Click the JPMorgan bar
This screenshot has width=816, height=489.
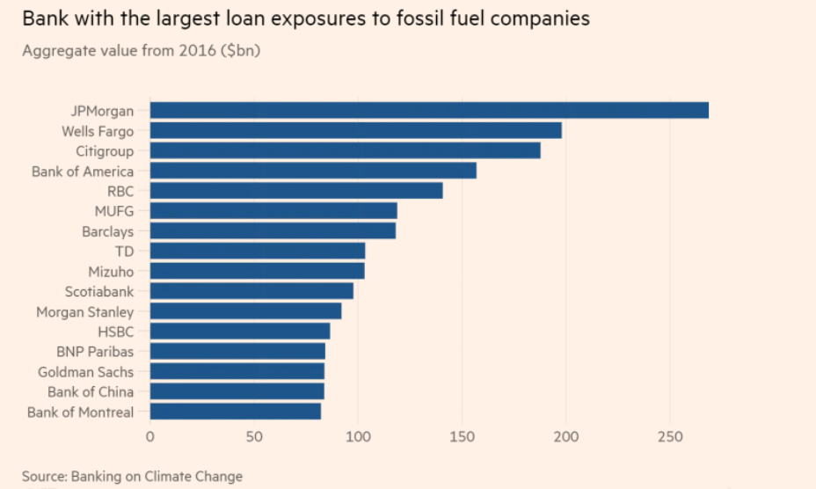(429, 110)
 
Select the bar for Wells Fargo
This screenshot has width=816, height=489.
(355, 131)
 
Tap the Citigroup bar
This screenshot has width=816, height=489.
(345, 151)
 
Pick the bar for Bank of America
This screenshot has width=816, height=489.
(313, 171)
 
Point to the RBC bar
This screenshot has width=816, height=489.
(296, 191)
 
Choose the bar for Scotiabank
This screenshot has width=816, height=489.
(251, 291)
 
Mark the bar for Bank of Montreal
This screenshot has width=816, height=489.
(236, 412)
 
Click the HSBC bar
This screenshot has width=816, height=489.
(240, 332)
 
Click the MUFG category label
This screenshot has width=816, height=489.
(114, 211)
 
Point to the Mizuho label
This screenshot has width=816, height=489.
(111, 272)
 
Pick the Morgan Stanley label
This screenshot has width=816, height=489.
(85, 312)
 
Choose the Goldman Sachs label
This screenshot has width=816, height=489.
(86, 372)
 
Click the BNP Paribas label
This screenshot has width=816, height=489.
(95, 352)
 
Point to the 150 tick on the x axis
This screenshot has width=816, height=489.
(462, 437)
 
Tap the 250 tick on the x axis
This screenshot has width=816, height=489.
(670, 437)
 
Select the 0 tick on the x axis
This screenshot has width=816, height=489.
(150, 437)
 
